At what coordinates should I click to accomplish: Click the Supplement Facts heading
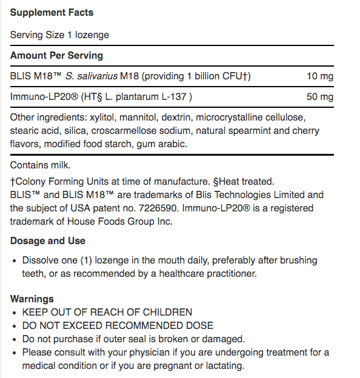pyautogui.click(x=52, y=12)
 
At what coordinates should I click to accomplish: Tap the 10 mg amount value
pyautogui.click(x=321, y=76)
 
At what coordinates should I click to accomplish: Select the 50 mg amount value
pyautogui.click(x=321, y=97)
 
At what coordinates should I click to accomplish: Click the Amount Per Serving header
pyautogui.click(x=56, y=55)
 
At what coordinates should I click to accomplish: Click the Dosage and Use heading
pyautogui.click(x=47, y=240)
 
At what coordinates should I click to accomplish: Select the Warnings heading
pyautogui.click(x=32, y=299)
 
